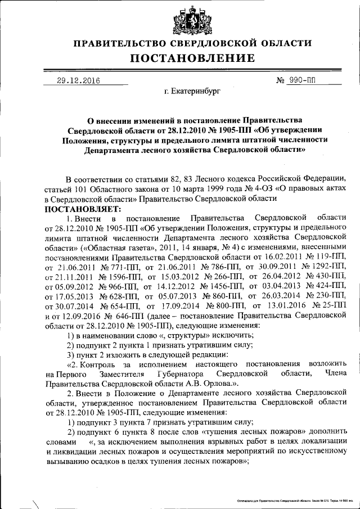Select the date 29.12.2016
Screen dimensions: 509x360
pyautogui.click(x=78, y=80)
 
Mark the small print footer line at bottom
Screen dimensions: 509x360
pyautogui.click(x=291, y=499)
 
